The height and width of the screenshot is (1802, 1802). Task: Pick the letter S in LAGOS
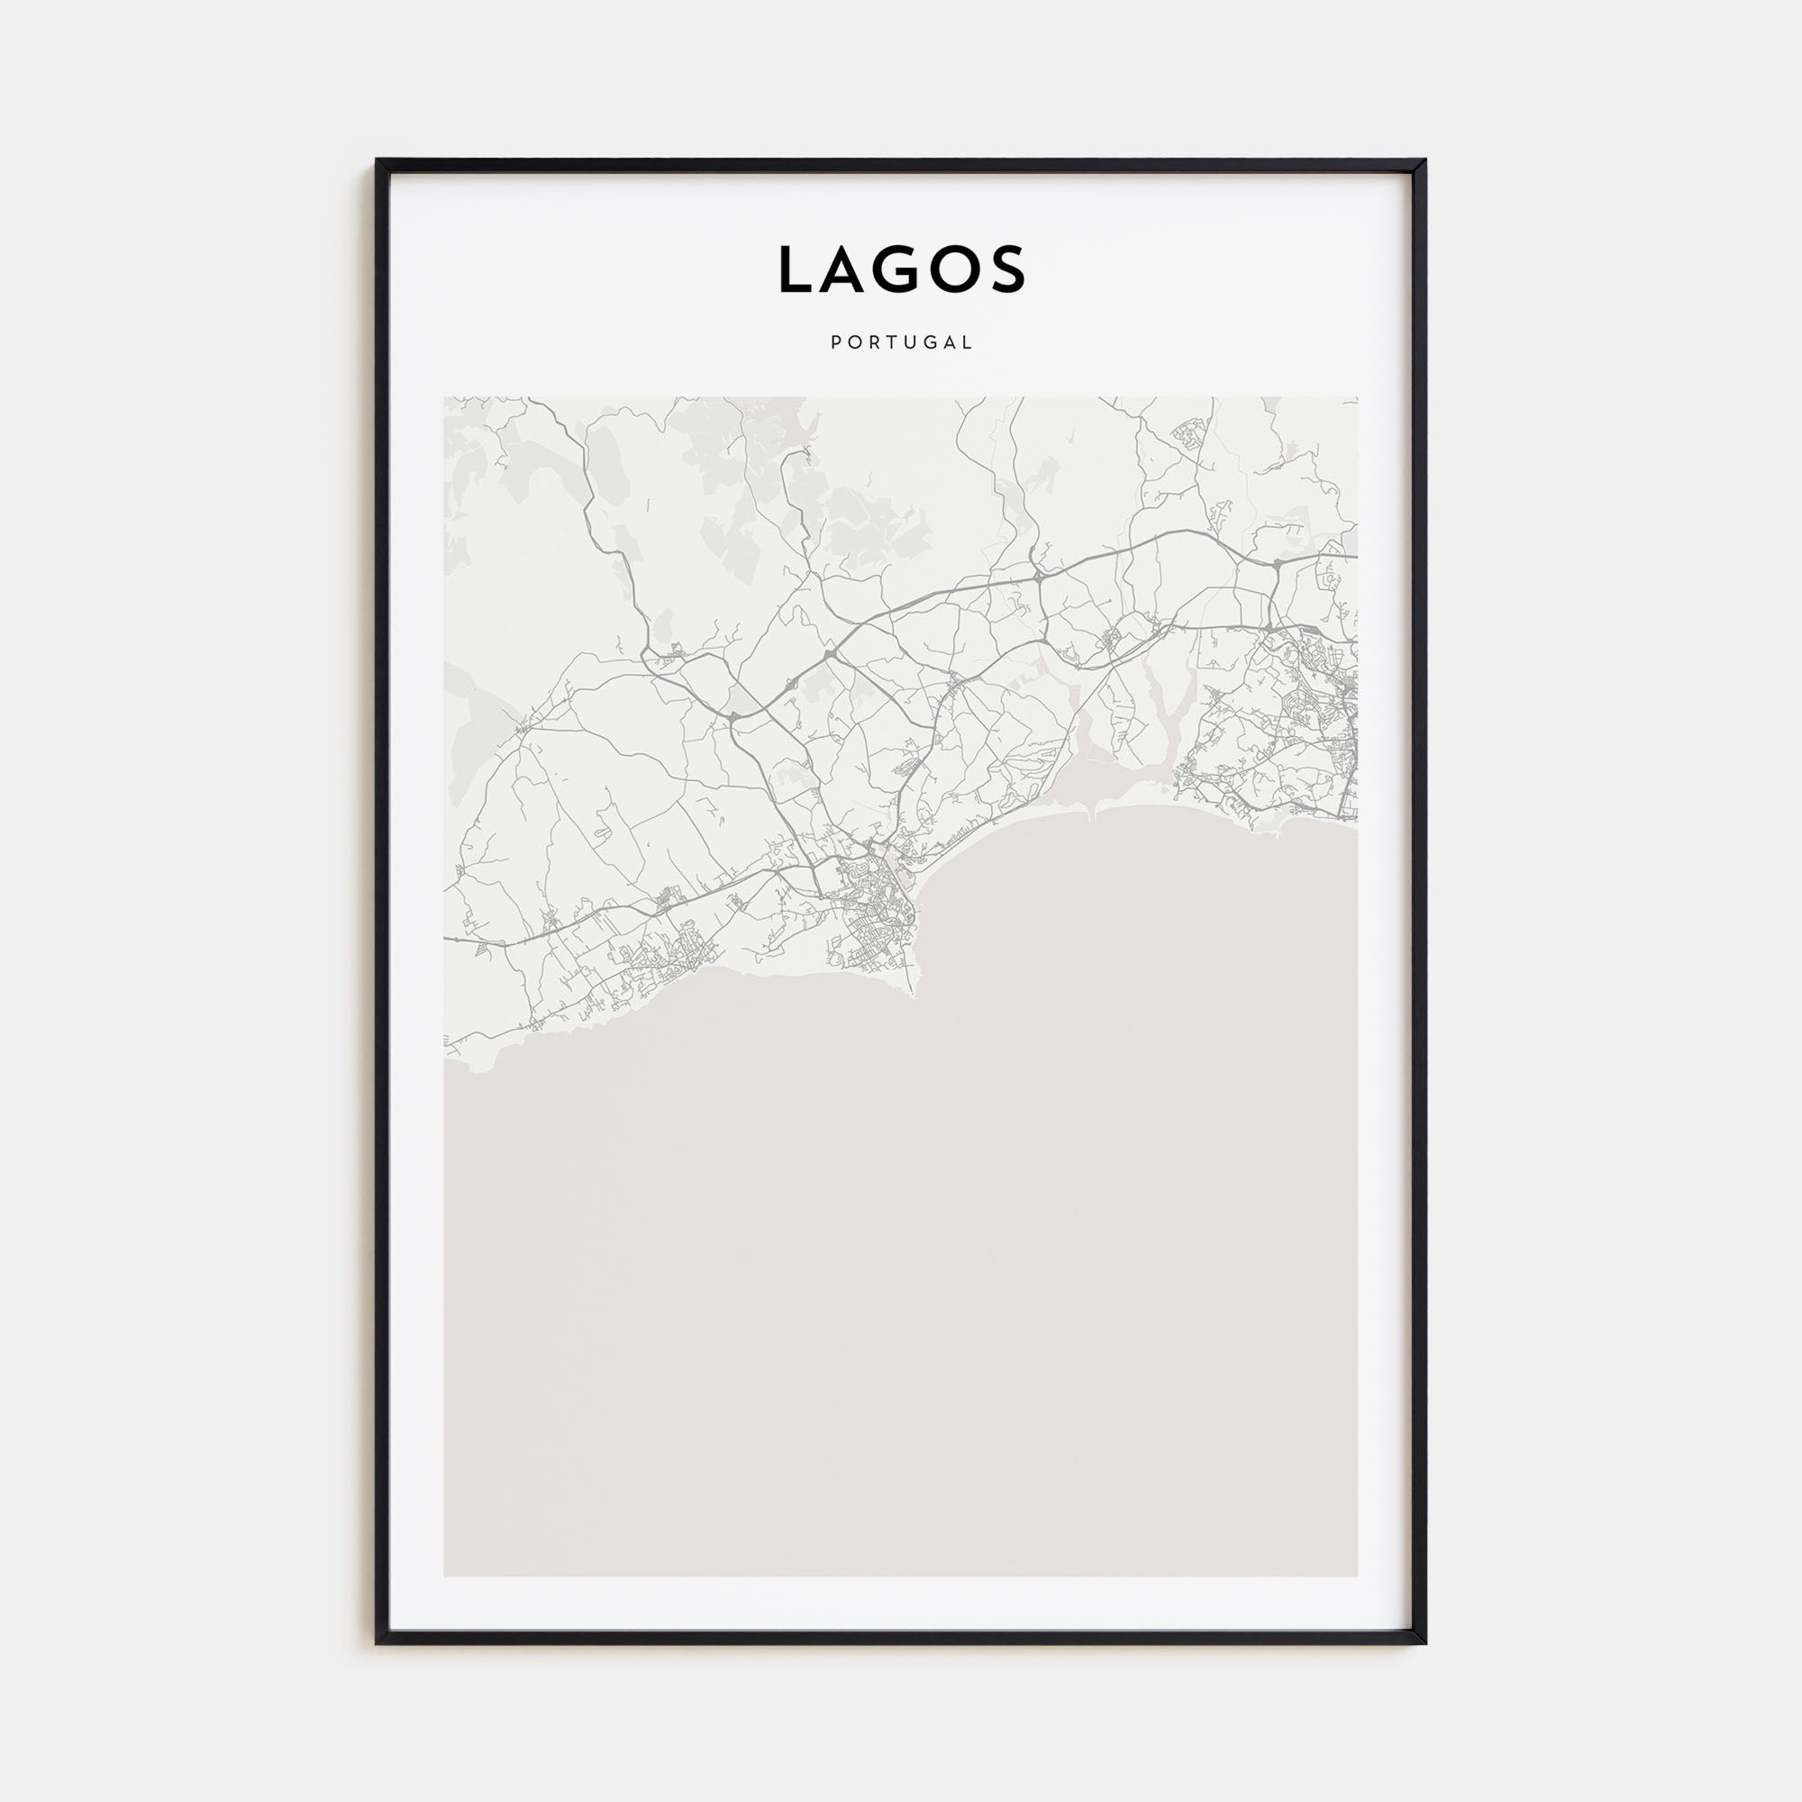(1008, 269)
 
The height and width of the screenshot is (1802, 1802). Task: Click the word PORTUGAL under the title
(901, 342)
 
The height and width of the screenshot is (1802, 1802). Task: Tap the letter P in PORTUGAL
(835, 342)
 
